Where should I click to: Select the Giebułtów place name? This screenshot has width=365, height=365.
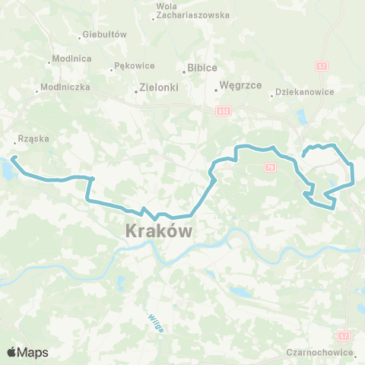[104, 35]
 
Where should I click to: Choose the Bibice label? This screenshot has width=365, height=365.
[198, 66]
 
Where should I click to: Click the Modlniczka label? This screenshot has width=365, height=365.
[66, 87]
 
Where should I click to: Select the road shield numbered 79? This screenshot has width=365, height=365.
[270, 167]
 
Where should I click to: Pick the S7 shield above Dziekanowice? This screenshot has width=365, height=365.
[322, 67]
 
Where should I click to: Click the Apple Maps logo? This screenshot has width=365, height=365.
[27, 351]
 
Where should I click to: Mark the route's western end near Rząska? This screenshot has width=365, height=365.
[13, 158]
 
